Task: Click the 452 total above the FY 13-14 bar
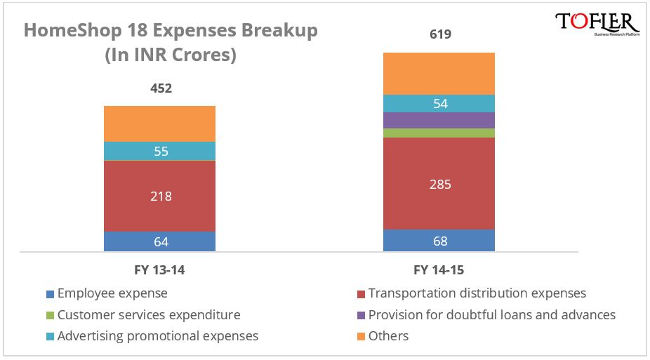coord(161,88)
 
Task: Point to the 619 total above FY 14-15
coord(439,34)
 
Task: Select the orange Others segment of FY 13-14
coord(159,124)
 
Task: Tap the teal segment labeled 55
coord(159,151)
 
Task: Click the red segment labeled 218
coord(159,196)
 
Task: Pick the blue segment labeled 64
coord(159,241)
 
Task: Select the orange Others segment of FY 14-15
coord(439,74)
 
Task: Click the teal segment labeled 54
coord(439,103)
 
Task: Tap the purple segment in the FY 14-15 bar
coord(439,120)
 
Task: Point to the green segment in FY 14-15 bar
coord(439,133)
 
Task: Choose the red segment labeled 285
coord(439,184)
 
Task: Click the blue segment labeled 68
coord(439,241)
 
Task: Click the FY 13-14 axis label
coord(159,270)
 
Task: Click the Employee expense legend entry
coord(112,293)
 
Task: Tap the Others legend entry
coord(388,336)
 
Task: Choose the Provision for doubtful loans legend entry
coord(491,314)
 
